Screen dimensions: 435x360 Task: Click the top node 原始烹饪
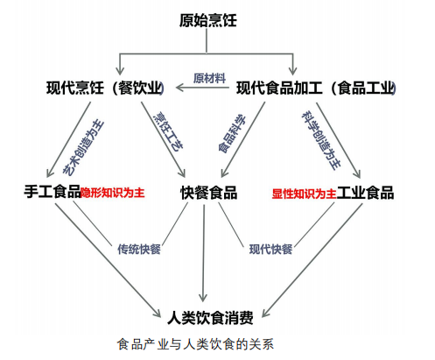207,20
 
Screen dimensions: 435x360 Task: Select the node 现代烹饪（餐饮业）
105,88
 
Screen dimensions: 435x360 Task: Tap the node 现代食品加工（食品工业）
316,88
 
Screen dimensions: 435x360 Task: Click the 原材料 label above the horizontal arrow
209,78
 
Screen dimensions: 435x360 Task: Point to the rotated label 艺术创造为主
84,148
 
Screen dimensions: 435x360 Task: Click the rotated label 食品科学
232,134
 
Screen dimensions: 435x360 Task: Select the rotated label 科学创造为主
321,140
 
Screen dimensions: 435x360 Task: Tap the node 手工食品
53,192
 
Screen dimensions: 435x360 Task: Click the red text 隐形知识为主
113,193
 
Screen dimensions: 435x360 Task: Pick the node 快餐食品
209,193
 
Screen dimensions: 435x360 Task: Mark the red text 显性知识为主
305,194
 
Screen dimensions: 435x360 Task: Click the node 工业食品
365,193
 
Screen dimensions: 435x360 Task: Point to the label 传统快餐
139,249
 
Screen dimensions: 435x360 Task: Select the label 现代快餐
270,250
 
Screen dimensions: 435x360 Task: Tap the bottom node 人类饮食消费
210,317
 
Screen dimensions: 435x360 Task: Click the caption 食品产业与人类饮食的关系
195,344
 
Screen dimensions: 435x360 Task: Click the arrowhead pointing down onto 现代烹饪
120,70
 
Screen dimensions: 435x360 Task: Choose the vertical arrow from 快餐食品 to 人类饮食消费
203,253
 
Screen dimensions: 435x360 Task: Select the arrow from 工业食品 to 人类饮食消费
312,260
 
